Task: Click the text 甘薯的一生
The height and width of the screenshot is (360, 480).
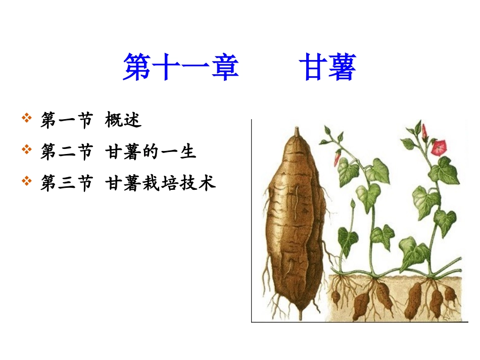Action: tap(151, 151)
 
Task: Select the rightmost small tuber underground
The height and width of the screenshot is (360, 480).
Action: tap(449, 294)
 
